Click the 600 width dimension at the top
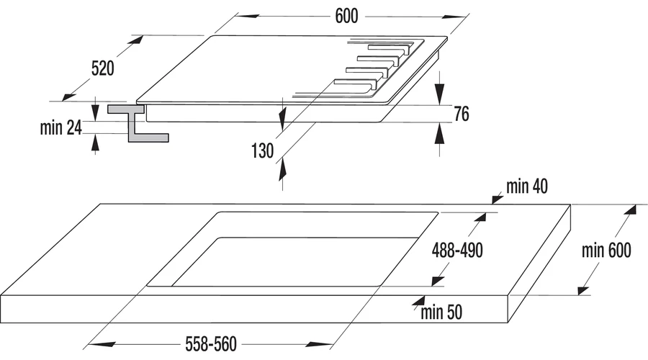point(346,16)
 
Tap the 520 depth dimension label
point(102,68)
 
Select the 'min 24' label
point(60,127)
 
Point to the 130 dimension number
point(262,151)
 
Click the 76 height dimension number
point(462,114)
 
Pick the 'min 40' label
point(527,186)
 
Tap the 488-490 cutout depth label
point(457,251)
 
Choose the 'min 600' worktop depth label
point(606,251)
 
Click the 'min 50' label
point(441,312)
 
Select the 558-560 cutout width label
point(211,344)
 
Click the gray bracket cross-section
point(137,122)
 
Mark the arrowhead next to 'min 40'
point(498,199)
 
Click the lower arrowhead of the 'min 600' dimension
point(583,289)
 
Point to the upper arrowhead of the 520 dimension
point(136,40)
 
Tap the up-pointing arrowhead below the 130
point(282,169)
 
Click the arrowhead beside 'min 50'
point(419,301)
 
